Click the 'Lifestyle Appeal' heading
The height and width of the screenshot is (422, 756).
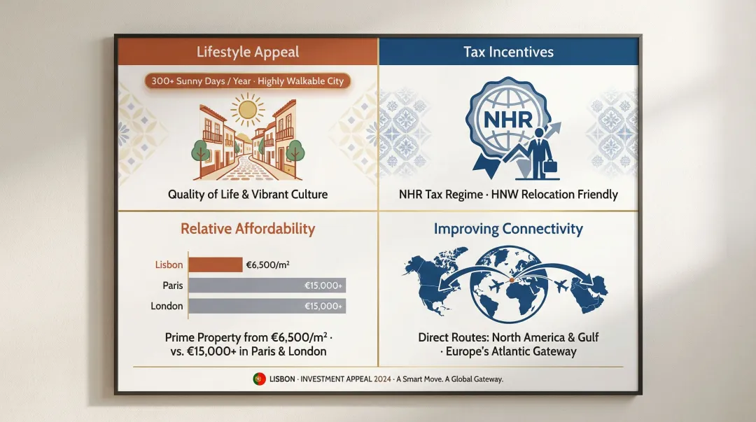[248, 52]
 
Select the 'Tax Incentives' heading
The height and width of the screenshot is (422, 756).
[508, 52]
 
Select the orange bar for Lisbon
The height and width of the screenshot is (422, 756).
[215, 265]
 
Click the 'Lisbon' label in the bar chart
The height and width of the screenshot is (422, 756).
[169, 265]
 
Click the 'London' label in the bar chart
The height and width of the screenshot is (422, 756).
[167, 306]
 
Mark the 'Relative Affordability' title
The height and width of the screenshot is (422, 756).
[248, 229]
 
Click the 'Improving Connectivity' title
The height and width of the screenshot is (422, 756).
[508, 229]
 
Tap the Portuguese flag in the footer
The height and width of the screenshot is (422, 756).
[258, 379]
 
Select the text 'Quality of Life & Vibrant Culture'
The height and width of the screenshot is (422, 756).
[248, 194]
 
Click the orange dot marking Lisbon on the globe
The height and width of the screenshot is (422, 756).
[511, 280]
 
